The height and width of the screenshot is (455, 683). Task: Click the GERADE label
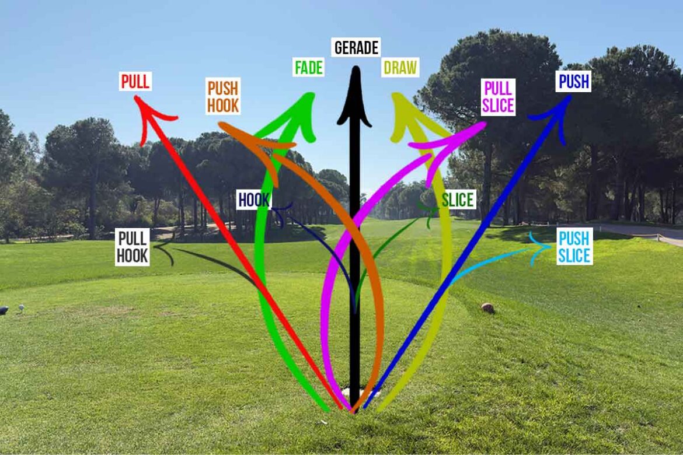(356, 47)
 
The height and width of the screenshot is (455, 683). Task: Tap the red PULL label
(135, 82)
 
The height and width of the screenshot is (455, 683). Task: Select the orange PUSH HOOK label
(223, 97)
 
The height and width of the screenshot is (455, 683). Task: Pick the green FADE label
(308, 68)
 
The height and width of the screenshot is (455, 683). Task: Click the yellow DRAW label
(400, 68)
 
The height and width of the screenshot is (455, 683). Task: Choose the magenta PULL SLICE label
(498, 97)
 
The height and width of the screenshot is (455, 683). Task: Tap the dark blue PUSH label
(574, 82)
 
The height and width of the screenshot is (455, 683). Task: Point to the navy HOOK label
(254, 200)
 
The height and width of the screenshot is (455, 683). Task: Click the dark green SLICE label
(458, 200)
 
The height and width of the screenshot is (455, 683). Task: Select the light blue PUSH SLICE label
(574, 247)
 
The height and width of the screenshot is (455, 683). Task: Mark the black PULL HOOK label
(132, 247)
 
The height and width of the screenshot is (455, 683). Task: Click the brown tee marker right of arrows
(487, 308)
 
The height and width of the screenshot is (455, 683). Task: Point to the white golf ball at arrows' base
(354, 392)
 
